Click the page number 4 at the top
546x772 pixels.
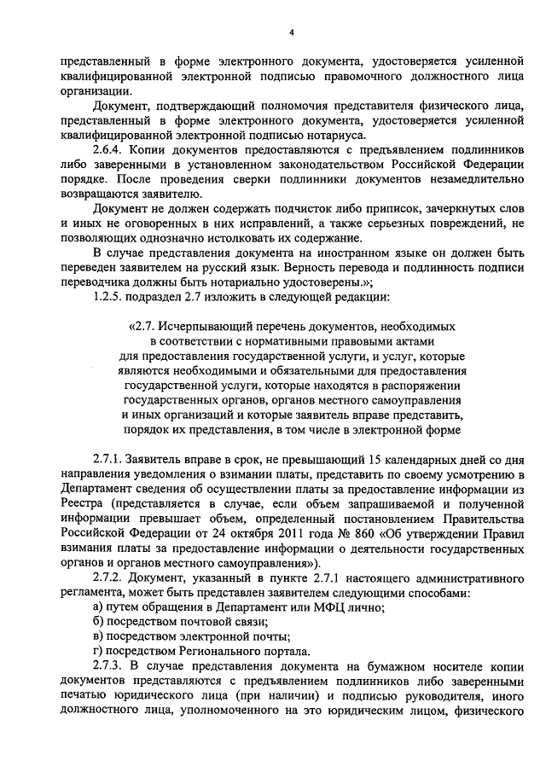click(291, 32)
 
